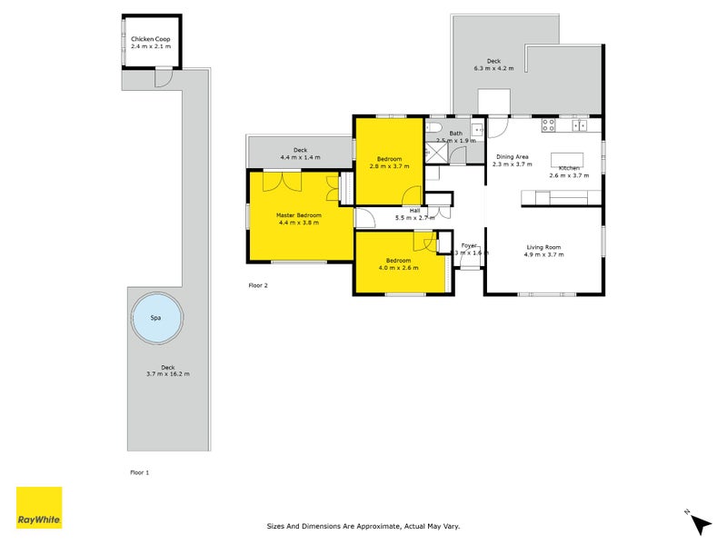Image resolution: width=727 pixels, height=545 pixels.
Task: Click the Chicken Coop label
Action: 151,39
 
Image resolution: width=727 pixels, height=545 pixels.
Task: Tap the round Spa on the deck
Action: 155,319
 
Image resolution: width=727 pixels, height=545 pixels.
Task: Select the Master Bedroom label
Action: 297,214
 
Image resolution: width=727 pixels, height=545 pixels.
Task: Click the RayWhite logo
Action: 39,508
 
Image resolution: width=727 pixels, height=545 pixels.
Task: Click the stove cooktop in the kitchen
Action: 550,125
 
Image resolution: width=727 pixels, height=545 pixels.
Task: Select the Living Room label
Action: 543,247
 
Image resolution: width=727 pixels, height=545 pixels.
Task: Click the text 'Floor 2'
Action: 258,285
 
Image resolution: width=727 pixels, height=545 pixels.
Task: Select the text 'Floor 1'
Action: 139,472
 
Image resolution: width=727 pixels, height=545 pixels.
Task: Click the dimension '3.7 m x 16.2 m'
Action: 167,373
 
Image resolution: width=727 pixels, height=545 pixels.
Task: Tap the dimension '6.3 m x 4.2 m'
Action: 493,68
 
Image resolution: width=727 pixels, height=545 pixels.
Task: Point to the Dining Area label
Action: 510,156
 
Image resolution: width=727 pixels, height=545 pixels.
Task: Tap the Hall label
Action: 413,210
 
